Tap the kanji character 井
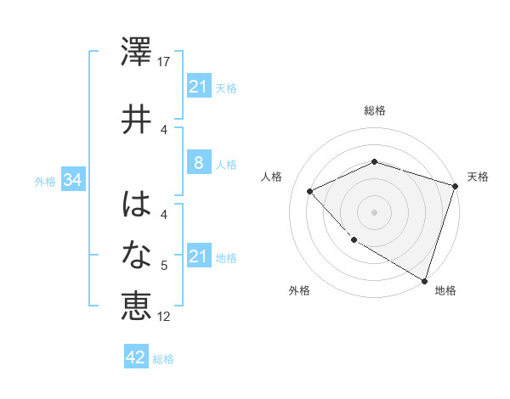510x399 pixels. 136,119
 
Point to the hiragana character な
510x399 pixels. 136,255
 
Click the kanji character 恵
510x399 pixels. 136,306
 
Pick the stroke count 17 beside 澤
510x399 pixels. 164,62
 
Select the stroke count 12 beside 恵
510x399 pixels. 164,317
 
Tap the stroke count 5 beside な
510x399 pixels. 164,266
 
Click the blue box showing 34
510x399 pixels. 71,181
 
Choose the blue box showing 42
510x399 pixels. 136,357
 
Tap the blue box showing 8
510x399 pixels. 198,164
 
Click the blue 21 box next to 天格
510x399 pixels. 198,87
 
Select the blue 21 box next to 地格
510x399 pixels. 198,257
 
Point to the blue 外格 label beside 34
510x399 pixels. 45,182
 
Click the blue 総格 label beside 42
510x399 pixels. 164,359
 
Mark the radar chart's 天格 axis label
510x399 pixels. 478,177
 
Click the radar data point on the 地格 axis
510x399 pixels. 423,280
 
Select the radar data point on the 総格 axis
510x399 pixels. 375,161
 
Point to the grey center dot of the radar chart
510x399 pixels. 375,212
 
